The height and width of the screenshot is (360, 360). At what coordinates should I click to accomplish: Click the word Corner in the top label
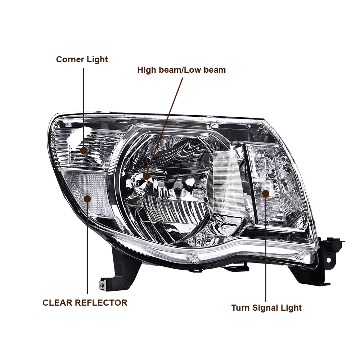tap(70, 59)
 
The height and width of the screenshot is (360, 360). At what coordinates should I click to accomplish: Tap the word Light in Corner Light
tap(97, 59)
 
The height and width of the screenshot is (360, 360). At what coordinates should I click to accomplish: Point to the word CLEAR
tap(58, 303)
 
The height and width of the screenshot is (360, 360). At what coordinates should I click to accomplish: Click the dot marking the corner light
tap(84, 150)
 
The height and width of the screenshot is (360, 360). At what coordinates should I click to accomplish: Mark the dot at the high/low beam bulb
tap(146, 176)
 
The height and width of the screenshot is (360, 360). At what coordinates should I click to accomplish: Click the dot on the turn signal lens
tap(266, 193)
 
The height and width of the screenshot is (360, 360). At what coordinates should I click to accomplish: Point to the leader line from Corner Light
tap(84, 108)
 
